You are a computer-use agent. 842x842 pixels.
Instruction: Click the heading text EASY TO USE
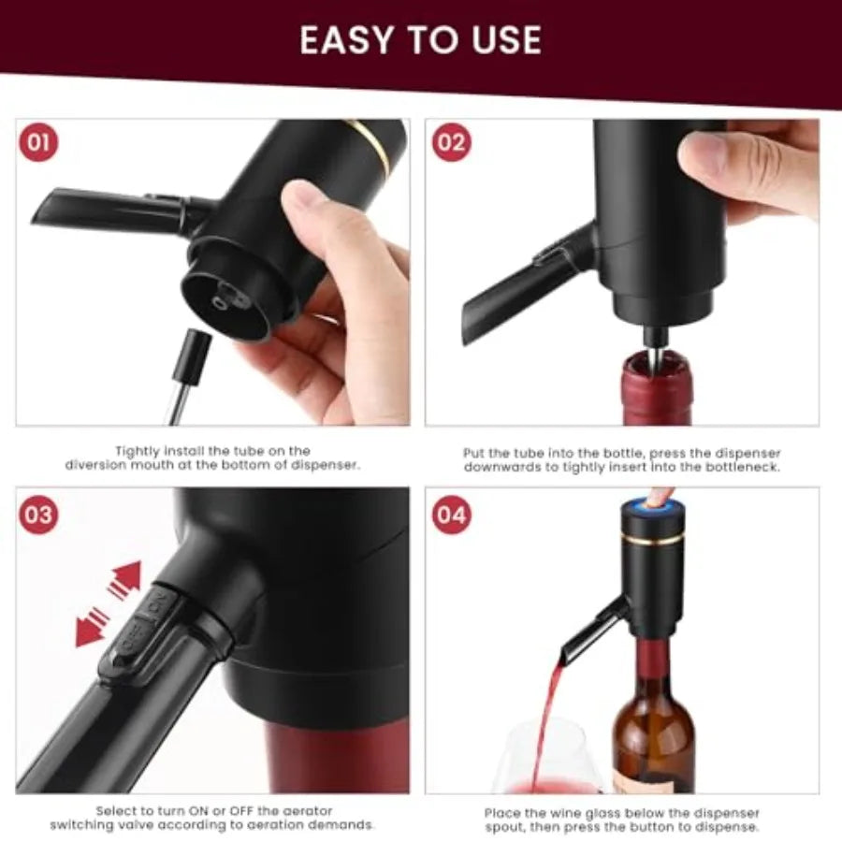coord(420,40)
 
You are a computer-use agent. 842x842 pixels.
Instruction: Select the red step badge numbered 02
coord(451,143)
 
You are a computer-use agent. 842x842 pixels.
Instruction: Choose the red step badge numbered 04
coord(451,514)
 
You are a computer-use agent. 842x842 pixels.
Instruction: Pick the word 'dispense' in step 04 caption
coord(726,826)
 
